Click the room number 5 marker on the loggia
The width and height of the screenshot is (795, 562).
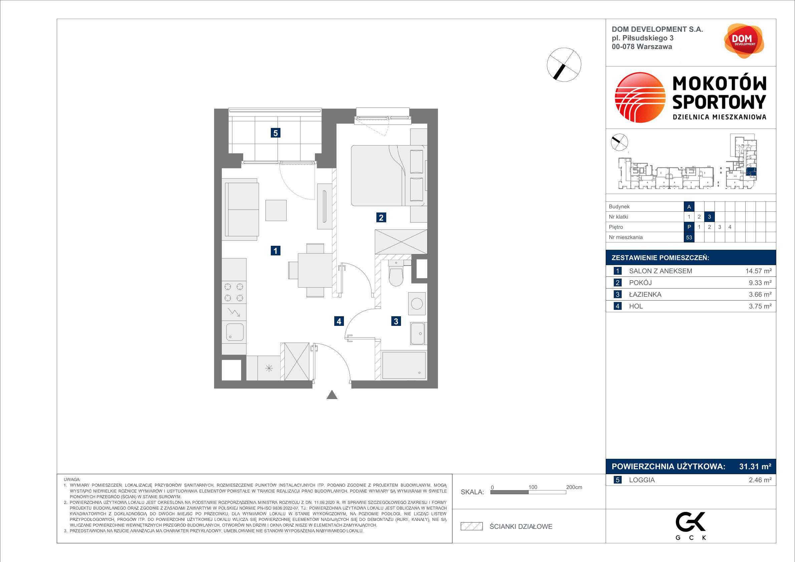[275, 133]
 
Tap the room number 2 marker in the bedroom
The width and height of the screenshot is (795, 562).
[381, 217]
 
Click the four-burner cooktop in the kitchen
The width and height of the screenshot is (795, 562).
[234, 292]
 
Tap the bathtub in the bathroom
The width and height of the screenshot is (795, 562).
[403, 365]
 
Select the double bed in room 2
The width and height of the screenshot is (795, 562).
[388, 176]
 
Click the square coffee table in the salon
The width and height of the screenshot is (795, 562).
[276, 210]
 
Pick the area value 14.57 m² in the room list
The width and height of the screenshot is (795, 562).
[758, 271]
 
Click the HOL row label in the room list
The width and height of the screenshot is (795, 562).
[636, 306]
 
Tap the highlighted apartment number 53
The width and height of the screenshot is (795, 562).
[689, 237]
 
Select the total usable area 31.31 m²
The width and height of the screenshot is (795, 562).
[755, 466]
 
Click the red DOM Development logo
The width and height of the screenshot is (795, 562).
[744, 41]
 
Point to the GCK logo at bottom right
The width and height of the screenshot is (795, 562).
[691, 526]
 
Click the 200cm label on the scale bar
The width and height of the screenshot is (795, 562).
[574, 487]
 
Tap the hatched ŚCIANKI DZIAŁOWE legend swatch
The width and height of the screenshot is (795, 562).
[471, 526]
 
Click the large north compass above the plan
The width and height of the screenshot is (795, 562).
[564, 65]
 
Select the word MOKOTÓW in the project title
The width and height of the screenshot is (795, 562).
[719, 84]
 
